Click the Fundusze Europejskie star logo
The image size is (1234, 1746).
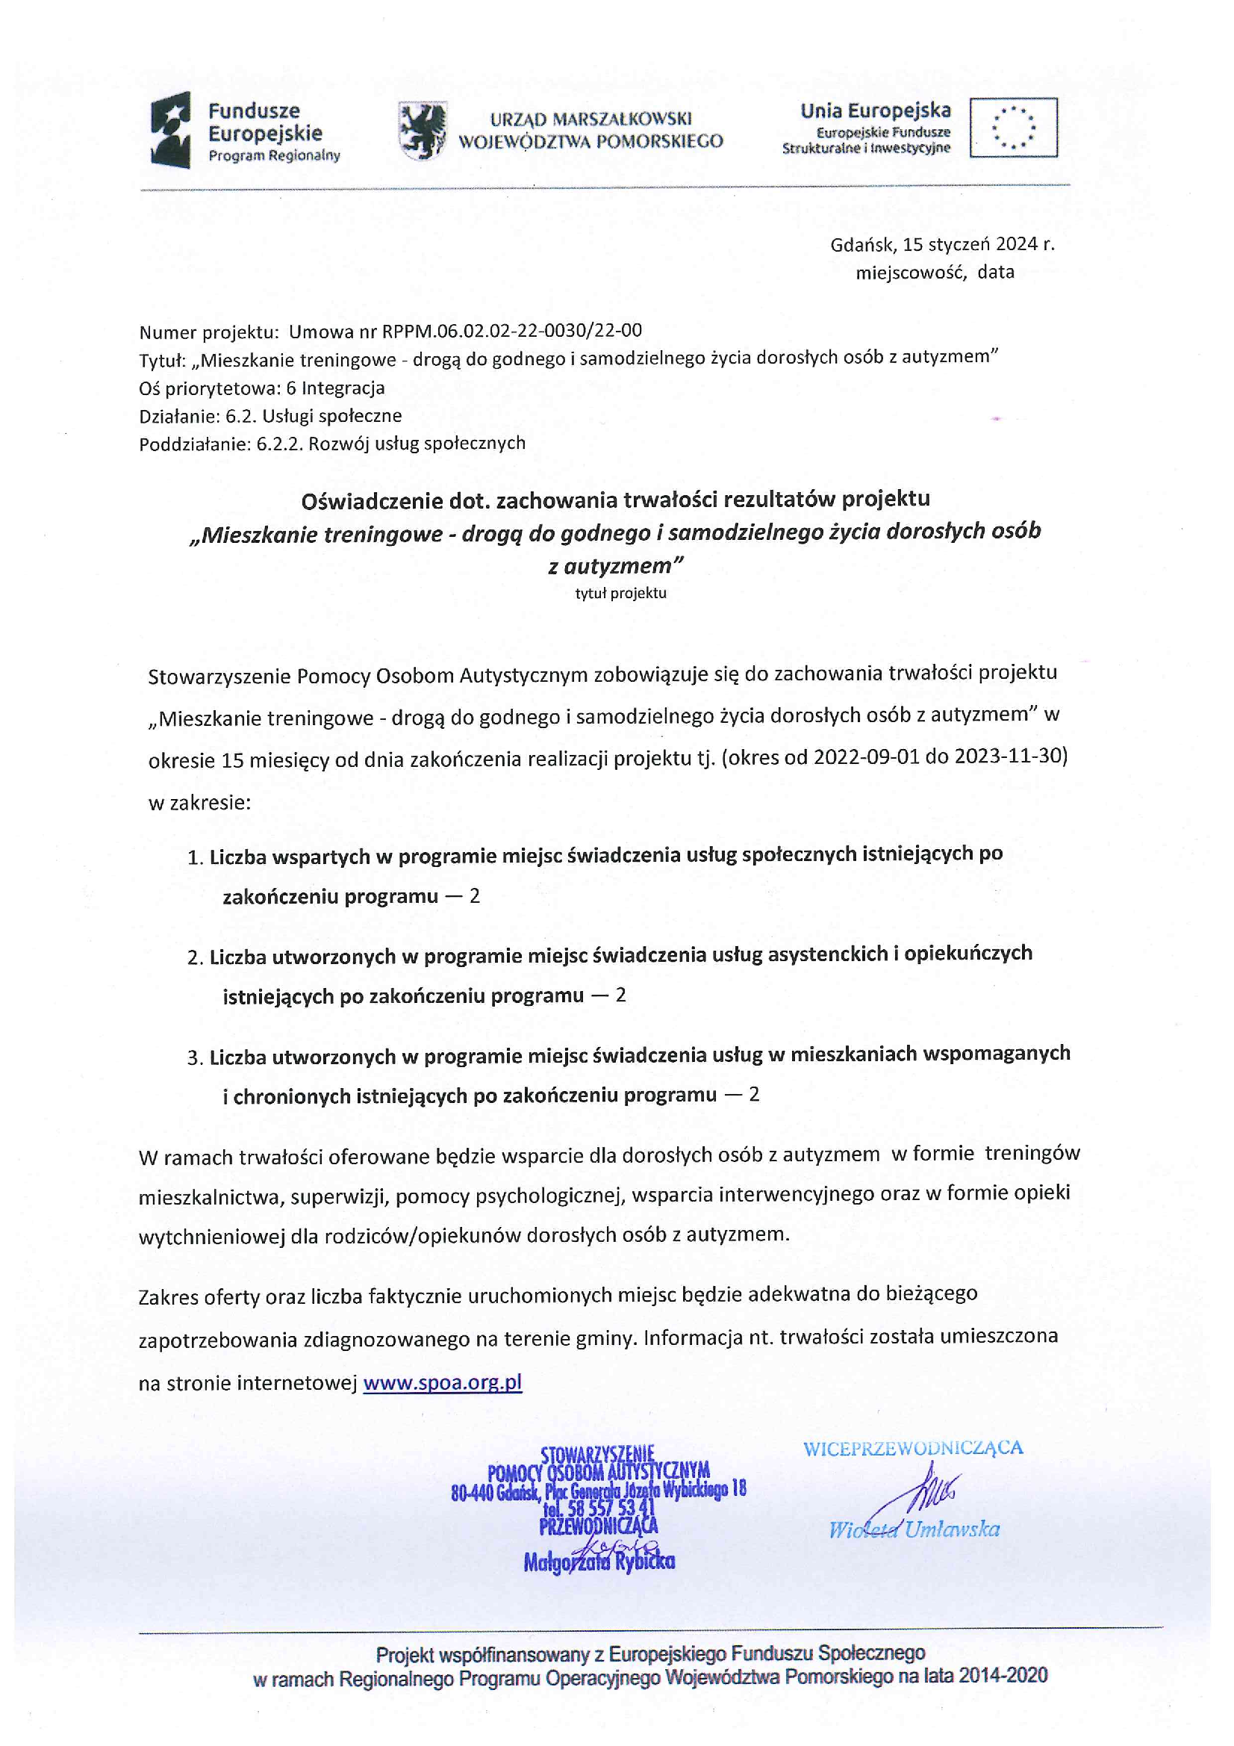point(169,129)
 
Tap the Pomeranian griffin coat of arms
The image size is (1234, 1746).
point(422,131)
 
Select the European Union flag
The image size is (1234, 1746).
point(1013,127)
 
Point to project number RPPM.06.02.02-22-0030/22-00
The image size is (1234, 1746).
point(511,331)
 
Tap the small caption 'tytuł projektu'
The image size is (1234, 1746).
point(620,593)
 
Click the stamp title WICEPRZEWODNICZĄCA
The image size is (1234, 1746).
point(913,1447)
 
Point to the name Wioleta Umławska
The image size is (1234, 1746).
point(914,1529)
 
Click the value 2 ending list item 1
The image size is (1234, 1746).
point(475,896)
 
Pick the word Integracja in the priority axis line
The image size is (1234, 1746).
point(343,388)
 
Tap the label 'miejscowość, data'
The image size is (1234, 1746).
point(935,273)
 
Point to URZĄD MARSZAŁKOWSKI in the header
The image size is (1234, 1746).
point(590,119)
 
